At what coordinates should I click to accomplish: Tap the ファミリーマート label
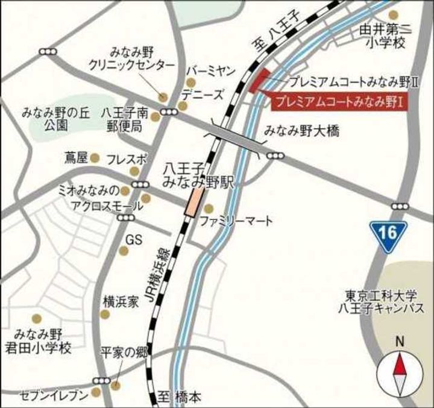pos(237,220)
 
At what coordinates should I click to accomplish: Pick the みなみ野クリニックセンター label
pos(131,59)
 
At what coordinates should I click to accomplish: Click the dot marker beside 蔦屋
pos(95,158)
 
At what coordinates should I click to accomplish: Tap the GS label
pos(134,240)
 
